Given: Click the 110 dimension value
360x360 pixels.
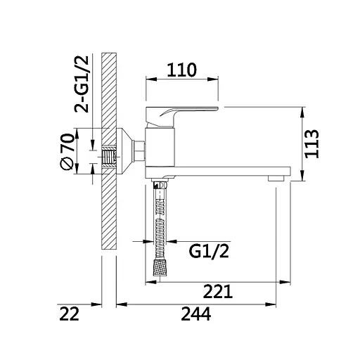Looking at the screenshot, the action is [x=181, y=70].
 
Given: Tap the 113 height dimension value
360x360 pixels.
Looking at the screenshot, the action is [x=312, y=143].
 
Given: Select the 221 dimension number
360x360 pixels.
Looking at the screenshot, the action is [x=218, y=291].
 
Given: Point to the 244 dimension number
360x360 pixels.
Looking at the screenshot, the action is [x=196, y=314].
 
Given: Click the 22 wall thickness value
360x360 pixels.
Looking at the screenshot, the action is [x=69, y=314].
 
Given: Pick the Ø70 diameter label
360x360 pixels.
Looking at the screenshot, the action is [x=67, y=151].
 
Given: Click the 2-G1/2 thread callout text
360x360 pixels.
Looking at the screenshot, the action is [x=82, y=84].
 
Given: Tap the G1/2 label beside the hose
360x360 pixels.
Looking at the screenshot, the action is [x=209, y=252].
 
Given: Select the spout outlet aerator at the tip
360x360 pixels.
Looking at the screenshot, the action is [x=276, y=179].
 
